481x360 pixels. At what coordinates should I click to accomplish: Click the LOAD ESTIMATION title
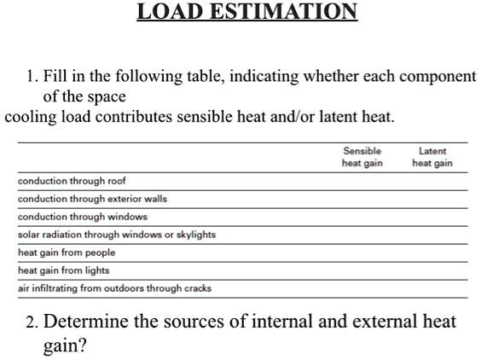[x=247, y=12]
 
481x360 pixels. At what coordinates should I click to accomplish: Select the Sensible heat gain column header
[x=362, y=157]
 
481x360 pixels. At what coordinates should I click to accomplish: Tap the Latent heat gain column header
[x=432, y=157]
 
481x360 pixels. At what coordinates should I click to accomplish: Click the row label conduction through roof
[x=72, y=181]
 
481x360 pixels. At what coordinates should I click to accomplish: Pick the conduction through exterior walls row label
[x=92, y=199]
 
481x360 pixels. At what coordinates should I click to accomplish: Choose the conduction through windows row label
[x=83, y=217]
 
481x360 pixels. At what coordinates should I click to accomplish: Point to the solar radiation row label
[x=117, y=235]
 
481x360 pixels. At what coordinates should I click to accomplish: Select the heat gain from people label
[x=67, y=253]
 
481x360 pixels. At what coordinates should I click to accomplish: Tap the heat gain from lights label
[x=64, y=270]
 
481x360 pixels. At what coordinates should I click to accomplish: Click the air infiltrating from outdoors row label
[x=114, y=288]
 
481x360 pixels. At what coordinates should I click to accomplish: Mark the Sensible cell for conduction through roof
[x=362, y=181]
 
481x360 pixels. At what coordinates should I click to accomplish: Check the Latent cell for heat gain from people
[x=432, y=253]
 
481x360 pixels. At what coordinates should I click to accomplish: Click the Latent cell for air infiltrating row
[x=432, y=288]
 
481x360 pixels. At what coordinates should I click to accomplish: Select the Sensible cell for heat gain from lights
[x=362, y=270]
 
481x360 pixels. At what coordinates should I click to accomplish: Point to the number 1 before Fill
[x=30, y=77]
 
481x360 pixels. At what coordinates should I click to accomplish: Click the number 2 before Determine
[x=31, y=322]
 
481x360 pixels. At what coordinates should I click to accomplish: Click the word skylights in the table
[x=194, y=235]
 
